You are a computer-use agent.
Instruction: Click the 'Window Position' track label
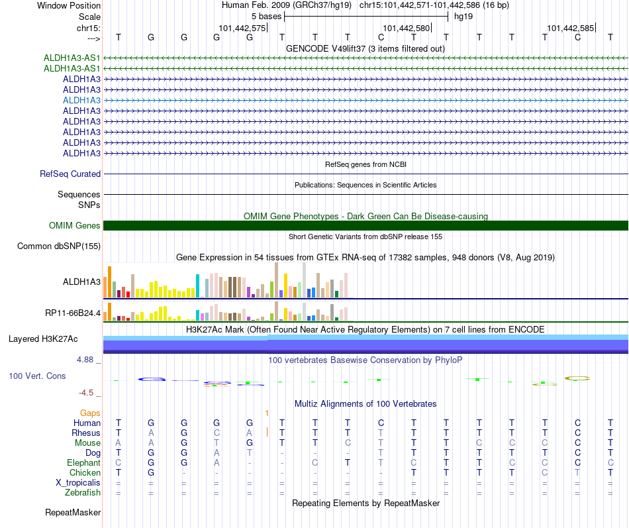tap(69, 5)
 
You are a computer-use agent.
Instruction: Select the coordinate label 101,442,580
tap(406, 28)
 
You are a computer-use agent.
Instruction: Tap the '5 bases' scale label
tap(266, 17)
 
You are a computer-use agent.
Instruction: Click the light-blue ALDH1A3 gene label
tap(81, 101)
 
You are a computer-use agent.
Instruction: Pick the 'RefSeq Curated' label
tap(70, 174)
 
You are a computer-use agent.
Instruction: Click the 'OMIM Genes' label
tap(74, 226)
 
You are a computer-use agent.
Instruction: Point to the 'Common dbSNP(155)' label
tap(58, 246)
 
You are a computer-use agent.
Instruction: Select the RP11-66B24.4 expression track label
tap(73, 313)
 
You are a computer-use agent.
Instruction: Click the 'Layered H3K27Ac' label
tap(43, 339)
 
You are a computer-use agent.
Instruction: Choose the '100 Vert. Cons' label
tap(37, 376)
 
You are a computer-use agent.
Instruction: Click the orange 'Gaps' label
tap(90, 413)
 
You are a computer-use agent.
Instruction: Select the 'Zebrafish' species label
tap(83, 493)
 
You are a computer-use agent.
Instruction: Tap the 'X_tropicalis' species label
tap(78, 483)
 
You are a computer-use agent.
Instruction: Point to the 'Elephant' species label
tap(83, 462)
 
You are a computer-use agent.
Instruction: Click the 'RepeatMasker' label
tap(73, 512)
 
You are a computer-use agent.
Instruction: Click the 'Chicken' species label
tap(85, 472)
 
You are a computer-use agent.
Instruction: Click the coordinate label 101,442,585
tap(571, 28)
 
